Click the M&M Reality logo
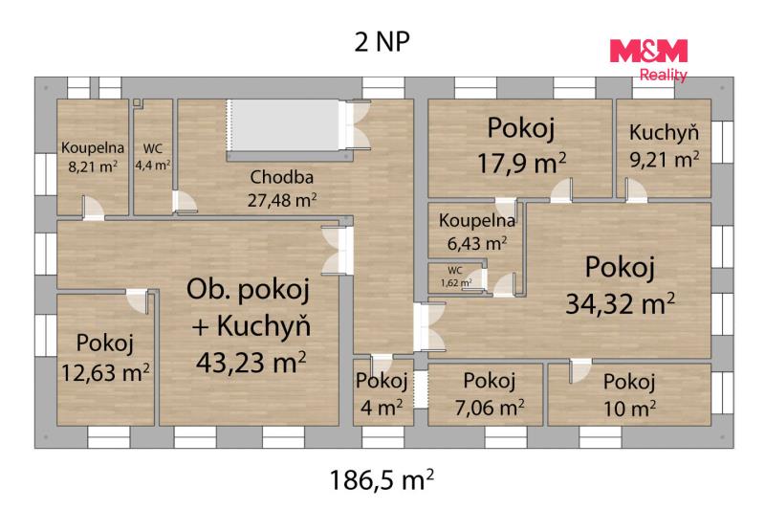[648, 60]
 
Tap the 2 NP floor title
[382, 41]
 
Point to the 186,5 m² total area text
[382, 479]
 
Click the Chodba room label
[281, 177]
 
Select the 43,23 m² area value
[251, 362]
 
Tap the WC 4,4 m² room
[153, 157]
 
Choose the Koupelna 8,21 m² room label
[93, 157]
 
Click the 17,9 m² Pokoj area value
[521, 163]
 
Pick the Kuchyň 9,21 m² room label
[664, 145]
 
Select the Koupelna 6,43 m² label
[477, 232]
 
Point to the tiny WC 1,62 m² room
[456, 278]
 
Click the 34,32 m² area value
[620, 303]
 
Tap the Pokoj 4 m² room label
[382, 393]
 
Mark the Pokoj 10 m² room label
[629, 395]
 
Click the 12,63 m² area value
[105, 373]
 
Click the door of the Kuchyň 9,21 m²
[635, 190]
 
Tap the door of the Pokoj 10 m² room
[579, 371]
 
